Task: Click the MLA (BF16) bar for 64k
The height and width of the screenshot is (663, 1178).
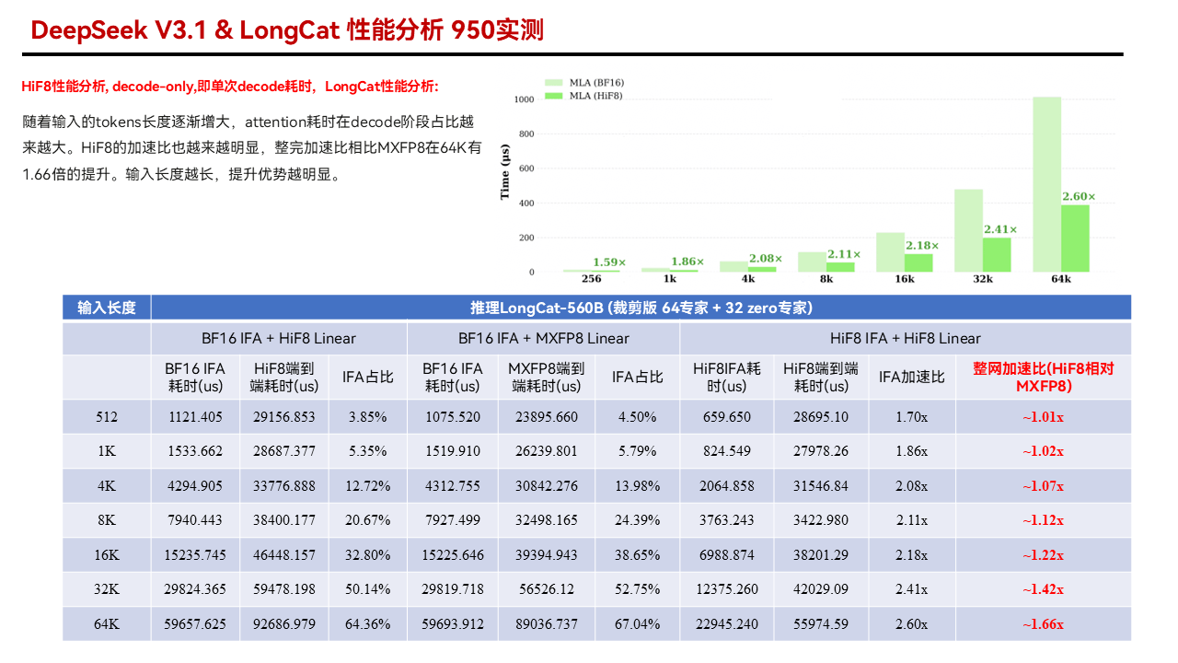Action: (x=1046, y=184)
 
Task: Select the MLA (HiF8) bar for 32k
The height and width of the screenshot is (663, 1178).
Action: (x=997, y=255)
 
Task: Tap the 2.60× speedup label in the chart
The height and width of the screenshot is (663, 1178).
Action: (x=1078, y=196)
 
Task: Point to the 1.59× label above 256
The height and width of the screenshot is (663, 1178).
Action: (x=609, y=262)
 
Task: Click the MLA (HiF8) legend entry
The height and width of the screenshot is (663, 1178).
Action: (x=583, y=96)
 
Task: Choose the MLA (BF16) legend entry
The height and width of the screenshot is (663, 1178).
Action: (x=584, y=83)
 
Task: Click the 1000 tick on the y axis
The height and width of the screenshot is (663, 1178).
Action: (x=524, y=99)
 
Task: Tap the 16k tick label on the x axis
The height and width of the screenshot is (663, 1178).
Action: (x=905, y=279)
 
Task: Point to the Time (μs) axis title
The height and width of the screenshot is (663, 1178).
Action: (x=505, y=172)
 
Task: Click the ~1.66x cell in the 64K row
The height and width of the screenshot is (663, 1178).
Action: (x=1043, y=624)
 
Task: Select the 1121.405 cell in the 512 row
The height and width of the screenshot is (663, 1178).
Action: (x=195, y=417)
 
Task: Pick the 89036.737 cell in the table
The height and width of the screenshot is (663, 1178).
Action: (x=547, y=624)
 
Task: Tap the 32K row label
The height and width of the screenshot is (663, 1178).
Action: (x=106, y=589)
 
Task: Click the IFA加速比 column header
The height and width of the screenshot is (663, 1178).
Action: (x=911, y=377)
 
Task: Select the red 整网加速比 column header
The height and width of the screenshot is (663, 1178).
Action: (x=1044, y=377)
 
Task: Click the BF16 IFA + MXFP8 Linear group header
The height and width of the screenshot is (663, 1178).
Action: (x=543, y=338)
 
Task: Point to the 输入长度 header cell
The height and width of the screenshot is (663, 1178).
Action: (x=106, y=308)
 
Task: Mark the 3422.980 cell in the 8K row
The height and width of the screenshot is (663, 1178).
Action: (x=821, y=520)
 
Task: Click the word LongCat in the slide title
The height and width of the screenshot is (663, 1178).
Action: (x=290, y=30)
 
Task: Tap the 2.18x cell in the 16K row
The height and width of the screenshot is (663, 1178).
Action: (x=911, y=554)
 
